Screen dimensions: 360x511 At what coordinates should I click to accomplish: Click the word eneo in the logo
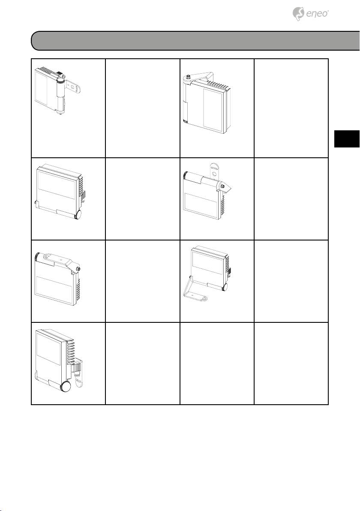[x=317, y=14]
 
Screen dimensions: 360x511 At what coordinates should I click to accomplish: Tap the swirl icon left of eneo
[x=298, y=14]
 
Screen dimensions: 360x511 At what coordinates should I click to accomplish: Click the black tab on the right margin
[x=347, y=139]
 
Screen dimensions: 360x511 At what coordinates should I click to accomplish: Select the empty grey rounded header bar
[x=195, y=41]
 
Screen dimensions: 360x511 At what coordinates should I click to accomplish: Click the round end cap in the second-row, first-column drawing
[x=78, y=215]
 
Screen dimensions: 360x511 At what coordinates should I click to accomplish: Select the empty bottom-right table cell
[x=291, y=364]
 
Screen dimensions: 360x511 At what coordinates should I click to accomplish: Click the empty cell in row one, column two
[x=143, y=108]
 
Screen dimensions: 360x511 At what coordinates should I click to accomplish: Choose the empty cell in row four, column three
[x=217, y=364]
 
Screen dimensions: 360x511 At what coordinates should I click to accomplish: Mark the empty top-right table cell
[x=291, y=108]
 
